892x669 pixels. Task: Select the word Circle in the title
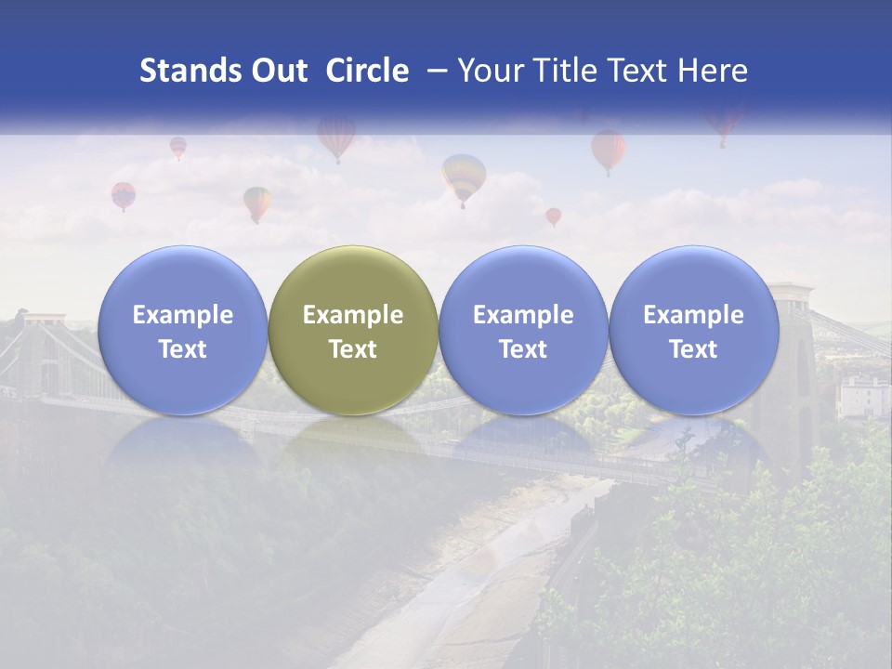point(367,71)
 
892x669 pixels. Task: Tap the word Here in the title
point(714,71)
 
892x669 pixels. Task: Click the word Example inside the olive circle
point(353,315)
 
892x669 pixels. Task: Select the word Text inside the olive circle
point(353,349)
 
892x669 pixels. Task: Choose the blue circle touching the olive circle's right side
point(523,330)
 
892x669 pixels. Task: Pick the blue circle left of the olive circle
point(182,330)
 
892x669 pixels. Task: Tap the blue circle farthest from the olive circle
point(694,330)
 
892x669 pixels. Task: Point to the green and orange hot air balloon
point(257,202)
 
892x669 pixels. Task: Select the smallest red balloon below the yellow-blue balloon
point(553,216)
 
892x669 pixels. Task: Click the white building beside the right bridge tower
point(862,396)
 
